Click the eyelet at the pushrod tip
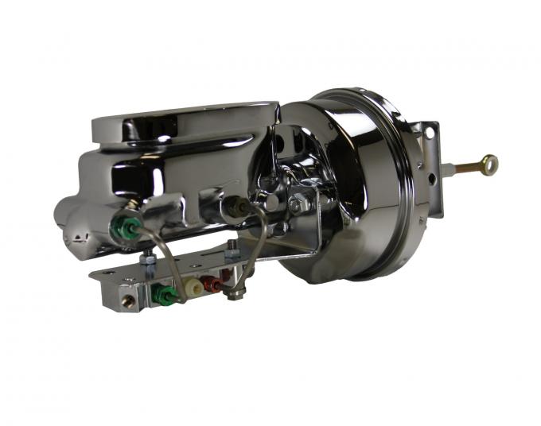tap(489, 164)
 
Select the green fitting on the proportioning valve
tap(163, 294)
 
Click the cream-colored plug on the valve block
tap(193, 287)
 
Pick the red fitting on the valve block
tap(212, 282)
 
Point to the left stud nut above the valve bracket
tap(148, 257)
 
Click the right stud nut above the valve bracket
tap(232, 251)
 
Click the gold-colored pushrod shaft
tap(469, 167)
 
